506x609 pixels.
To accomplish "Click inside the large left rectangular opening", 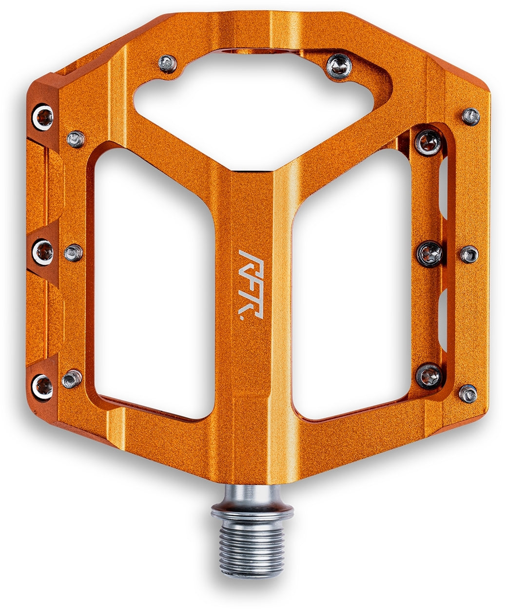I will coord(154,283).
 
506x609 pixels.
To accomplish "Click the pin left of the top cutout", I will coord(168,63).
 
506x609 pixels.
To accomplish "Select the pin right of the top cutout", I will coord(339,65).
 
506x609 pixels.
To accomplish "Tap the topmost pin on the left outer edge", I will coord(42,116).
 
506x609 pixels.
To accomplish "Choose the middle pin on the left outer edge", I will coord(42,252).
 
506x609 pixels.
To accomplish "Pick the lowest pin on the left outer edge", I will coord(42,386).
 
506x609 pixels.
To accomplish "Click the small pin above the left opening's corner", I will coord(76,139).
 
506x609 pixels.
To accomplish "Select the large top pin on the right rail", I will coord(428,143).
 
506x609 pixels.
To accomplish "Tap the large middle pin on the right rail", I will coord(430,253).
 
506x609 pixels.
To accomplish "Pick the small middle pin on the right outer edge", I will coord(469,254).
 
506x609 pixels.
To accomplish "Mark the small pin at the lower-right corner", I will coord(468,393).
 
